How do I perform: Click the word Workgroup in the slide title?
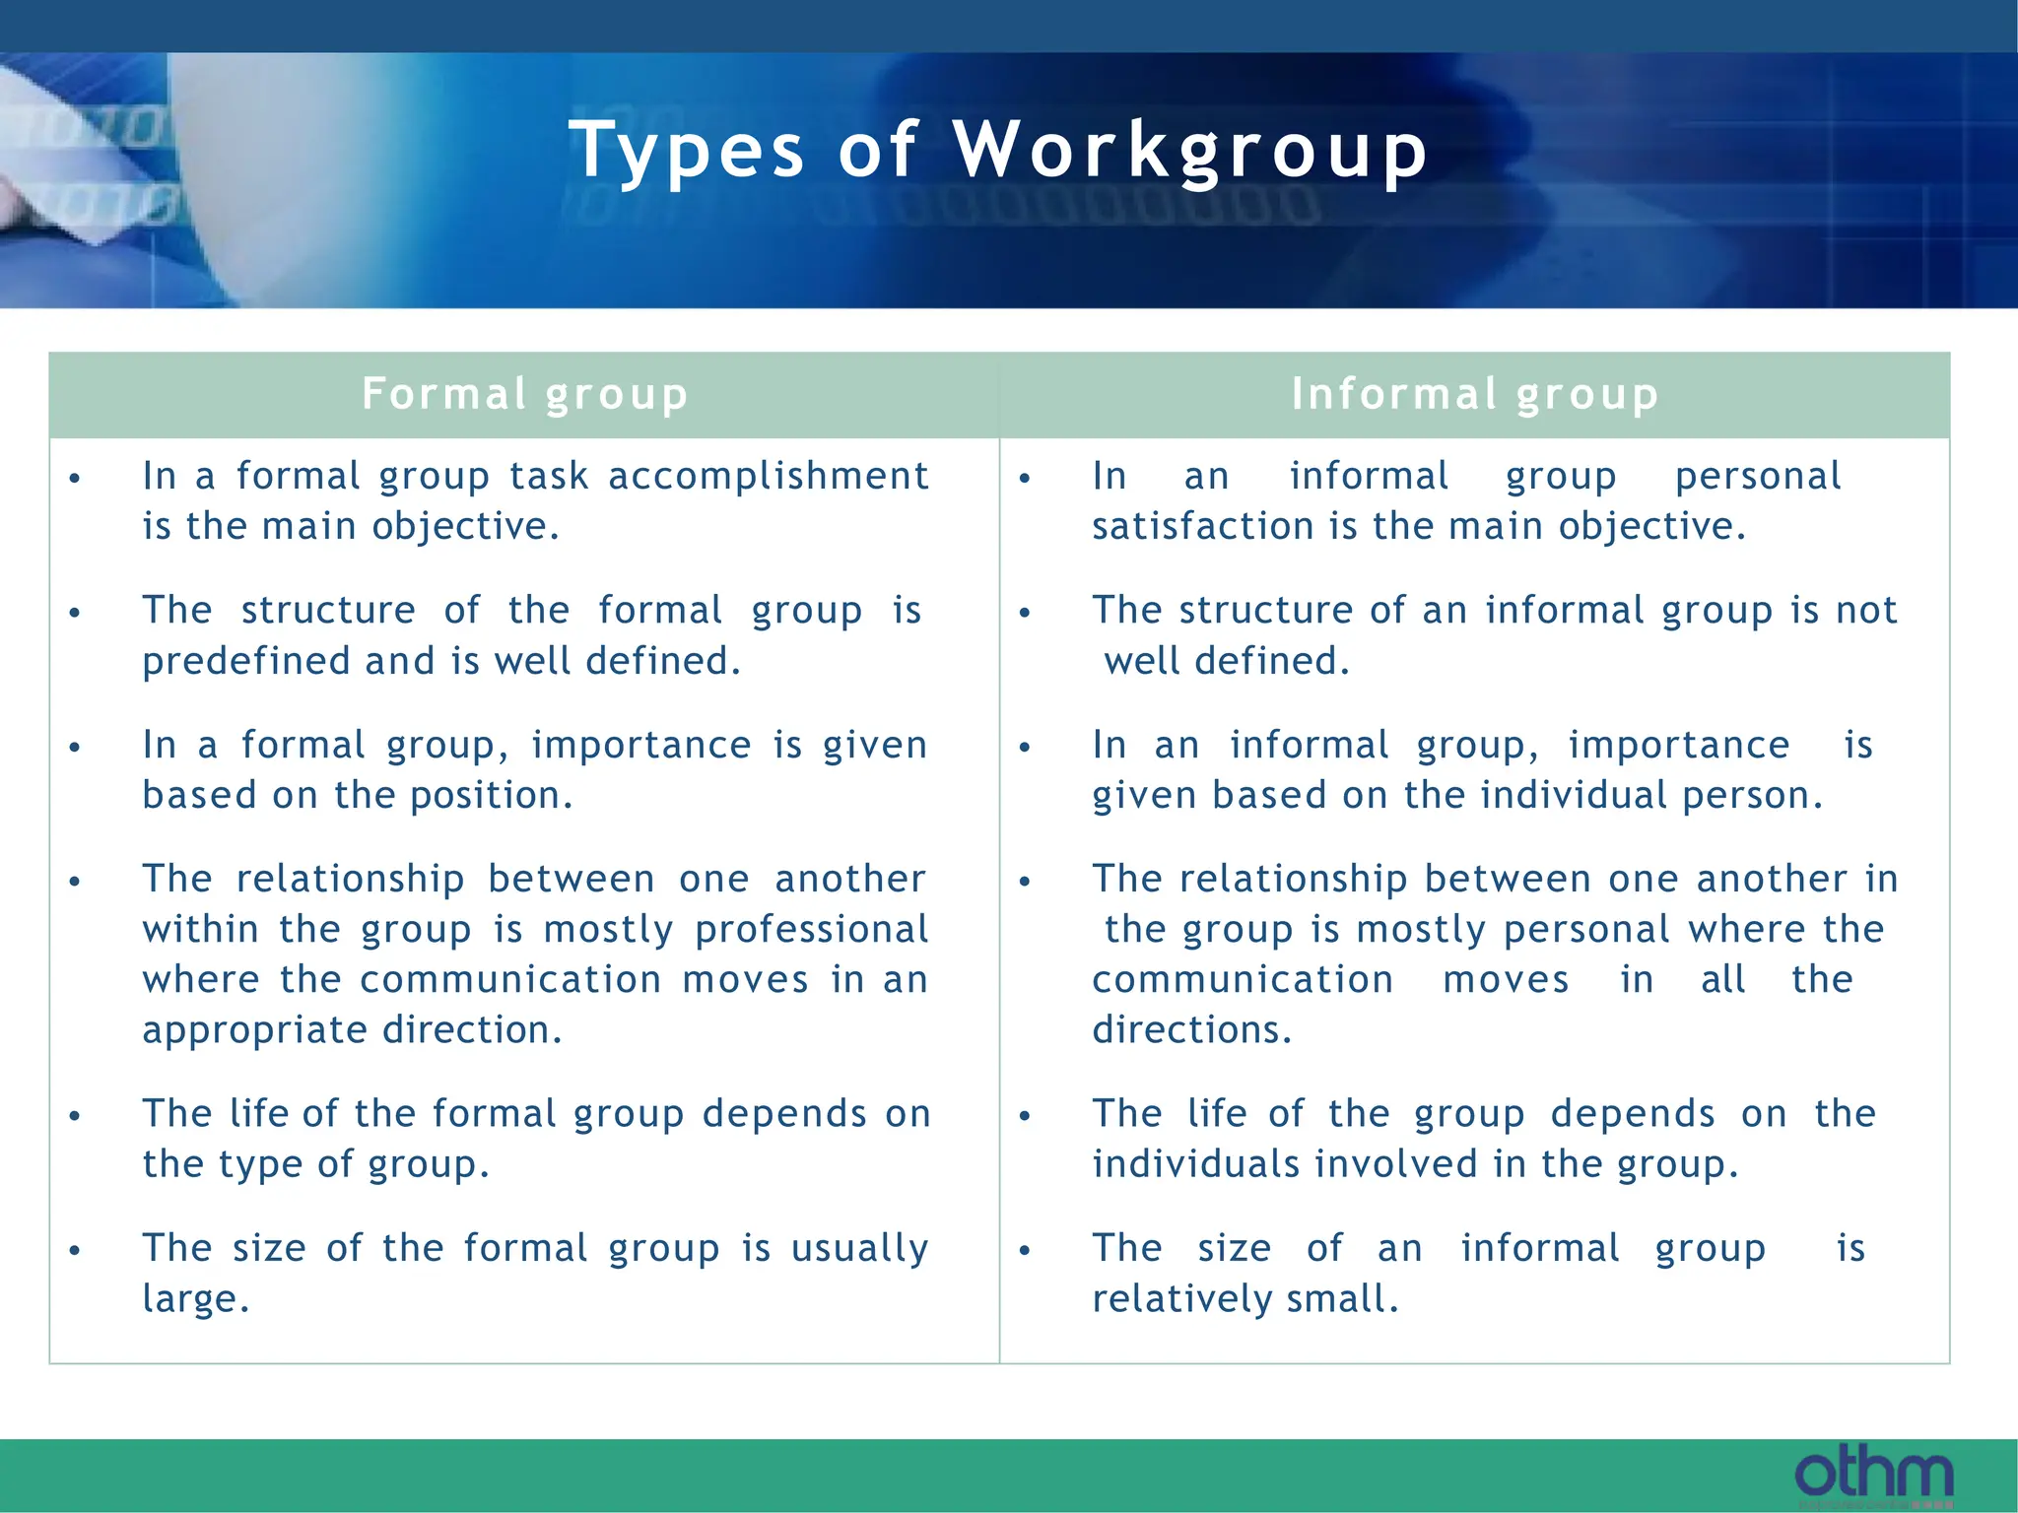[x=1190, y=151]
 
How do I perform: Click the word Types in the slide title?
[x=687, y=151]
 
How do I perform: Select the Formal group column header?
[x=524, y=394]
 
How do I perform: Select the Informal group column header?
[x=1475, y=394]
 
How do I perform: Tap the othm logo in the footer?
[x=1873, y=1475]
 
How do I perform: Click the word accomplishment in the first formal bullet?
[x=769, y=477]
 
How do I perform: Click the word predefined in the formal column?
[x=246, y=662]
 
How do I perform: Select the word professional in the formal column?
[x=811, y=930]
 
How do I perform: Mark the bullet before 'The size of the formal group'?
[x=75, y=1251]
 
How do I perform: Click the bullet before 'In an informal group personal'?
[x=1025, y=479]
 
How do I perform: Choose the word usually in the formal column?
[x=859, y=1249]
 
